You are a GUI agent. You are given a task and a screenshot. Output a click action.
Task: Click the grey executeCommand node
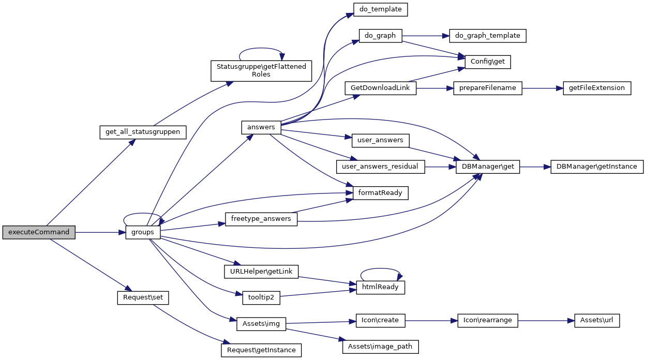tap(39, 232)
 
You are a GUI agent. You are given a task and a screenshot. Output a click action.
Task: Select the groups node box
tap(143, 232)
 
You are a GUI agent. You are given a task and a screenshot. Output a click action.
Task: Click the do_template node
tap(381, 9)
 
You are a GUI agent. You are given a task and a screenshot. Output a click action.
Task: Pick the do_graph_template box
tap(488, 36)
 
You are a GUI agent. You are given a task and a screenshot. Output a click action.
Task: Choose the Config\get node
tap(488, 62)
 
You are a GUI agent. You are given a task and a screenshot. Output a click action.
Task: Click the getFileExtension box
tap(597, 88)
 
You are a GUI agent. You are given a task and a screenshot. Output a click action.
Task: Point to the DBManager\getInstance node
tap(597, 167)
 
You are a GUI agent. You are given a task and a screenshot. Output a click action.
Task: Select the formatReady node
tap(381, 193)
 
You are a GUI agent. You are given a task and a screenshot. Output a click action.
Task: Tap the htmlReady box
tap(380, 287)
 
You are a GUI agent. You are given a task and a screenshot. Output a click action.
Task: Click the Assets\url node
tap(597, 320)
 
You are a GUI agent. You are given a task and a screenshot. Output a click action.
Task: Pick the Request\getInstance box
tap(261, 350)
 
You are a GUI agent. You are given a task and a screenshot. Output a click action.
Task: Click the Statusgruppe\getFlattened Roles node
tap(261, 70)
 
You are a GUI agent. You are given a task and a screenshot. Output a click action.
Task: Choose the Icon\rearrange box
tap(488, 320)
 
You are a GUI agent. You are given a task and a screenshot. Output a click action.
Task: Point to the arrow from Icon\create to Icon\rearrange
tap(431, 320)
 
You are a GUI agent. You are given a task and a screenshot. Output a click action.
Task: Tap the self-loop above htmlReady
tap(381, 269)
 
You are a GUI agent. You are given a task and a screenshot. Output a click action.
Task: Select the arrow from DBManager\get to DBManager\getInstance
tap(535, 167)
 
